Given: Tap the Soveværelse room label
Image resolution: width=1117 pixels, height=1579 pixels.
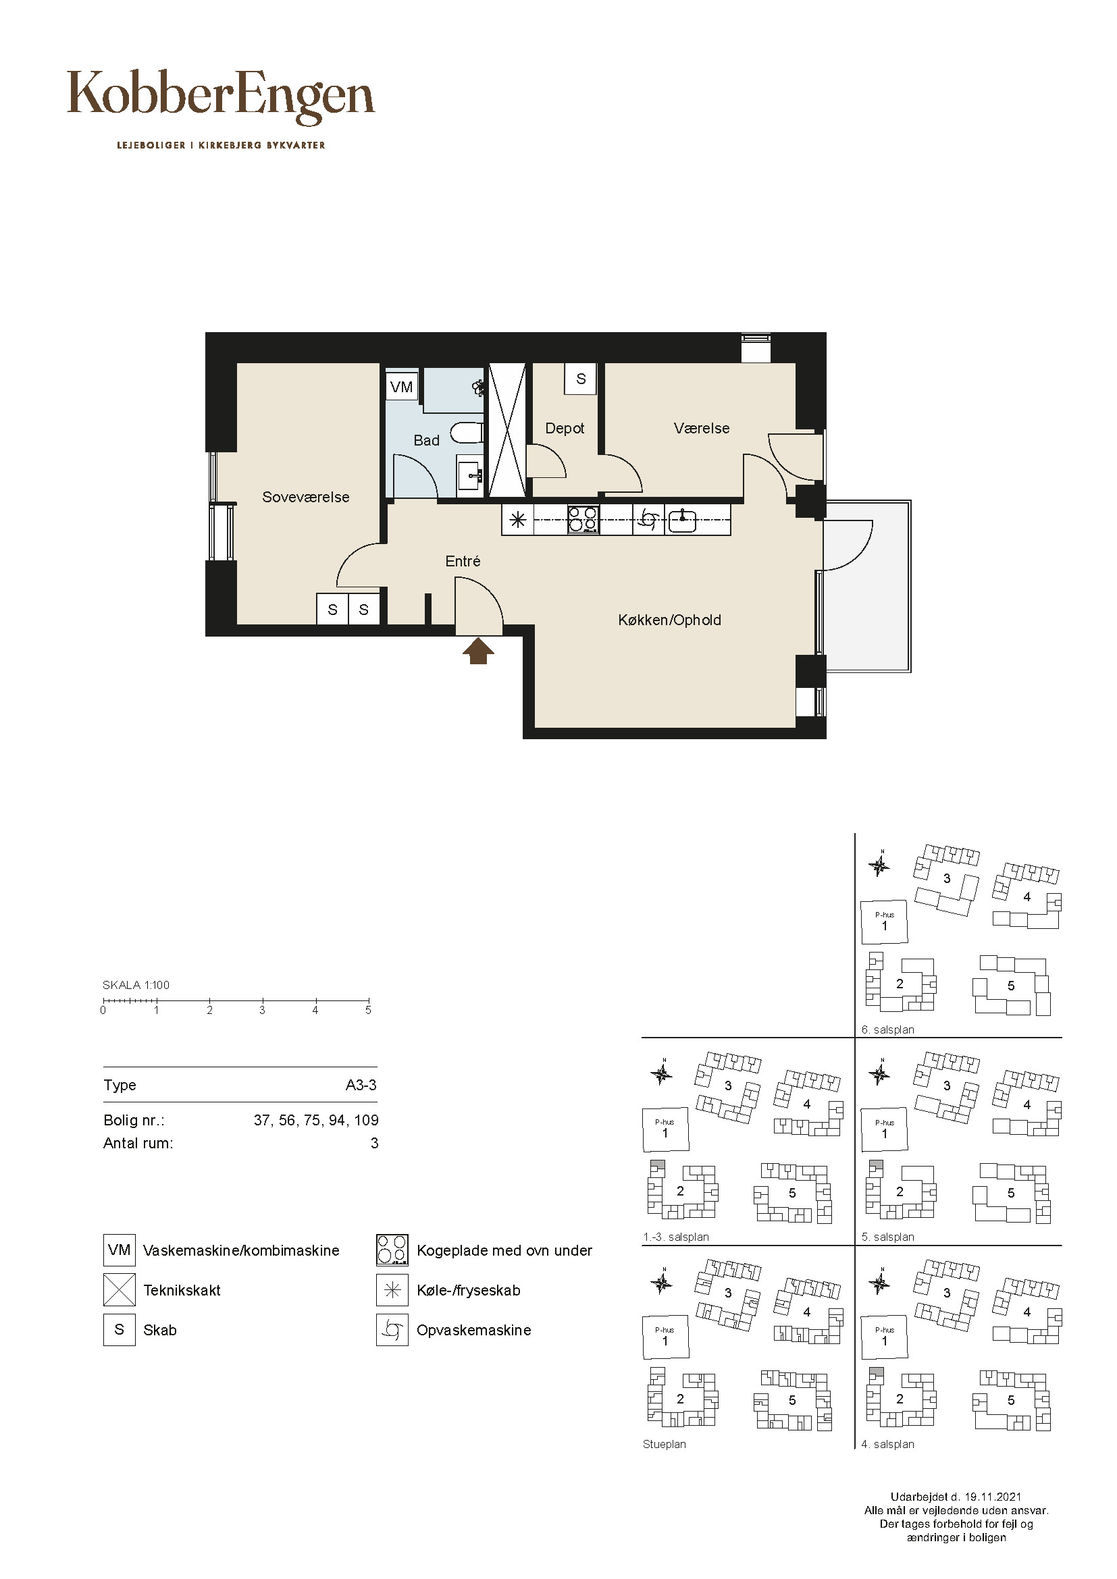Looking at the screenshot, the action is pos(306,498).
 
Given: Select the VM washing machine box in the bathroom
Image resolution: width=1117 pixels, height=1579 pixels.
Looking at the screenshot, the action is pos(402,387).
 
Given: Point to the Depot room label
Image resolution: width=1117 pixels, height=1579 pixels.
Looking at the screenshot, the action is pos(565,429).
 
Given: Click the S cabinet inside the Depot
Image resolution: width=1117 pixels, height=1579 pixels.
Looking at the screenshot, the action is pos(581,379).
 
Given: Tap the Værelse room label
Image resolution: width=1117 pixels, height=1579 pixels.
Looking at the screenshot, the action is pos(702,429).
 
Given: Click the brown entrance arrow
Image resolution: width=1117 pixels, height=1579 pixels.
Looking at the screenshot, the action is pos(478,651).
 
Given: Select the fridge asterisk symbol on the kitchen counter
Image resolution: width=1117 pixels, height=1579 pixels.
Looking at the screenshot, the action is pos(518,520).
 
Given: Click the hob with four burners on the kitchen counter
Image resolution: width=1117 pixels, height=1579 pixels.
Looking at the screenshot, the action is pos(583,520).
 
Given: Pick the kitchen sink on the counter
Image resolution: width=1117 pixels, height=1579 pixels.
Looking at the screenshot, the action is pos(681,520).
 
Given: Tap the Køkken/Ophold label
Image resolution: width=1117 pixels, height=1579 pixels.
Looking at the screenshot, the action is pos(670,620).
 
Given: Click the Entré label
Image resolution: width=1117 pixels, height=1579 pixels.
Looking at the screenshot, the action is pos(463,561).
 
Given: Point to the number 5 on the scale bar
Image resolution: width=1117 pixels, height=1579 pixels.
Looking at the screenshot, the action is pos(368,1011).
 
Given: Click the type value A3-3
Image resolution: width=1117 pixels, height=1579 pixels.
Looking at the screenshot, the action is pos(361,1086).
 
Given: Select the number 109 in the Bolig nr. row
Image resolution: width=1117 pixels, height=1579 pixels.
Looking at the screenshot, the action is pos(367,1121).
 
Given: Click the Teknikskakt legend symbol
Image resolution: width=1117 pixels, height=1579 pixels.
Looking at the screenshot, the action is pos(119,1290).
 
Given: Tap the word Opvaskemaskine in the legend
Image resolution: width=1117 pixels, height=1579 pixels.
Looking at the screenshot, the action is pos(474,1330).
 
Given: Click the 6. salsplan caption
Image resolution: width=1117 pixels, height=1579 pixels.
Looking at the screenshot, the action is pos(888,1029).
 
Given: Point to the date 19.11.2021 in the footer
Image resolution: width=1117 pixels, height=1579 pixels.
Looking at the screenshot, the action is pos(993,1497).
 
